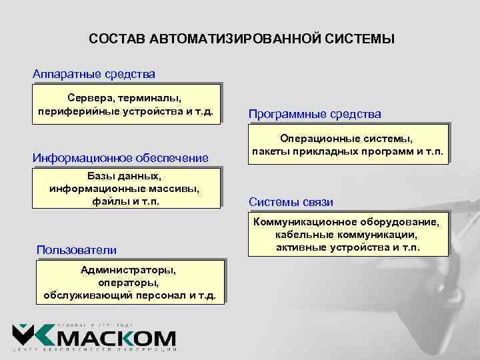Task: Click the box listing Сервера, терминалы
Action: click(126, 104)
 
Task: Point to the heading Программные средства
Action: click(315, 115)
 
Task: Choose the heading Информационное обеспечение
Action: click(121, 158)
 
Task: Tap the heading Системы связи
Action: click(291, 202)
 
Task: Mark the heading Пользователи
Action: click(77, 250)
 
